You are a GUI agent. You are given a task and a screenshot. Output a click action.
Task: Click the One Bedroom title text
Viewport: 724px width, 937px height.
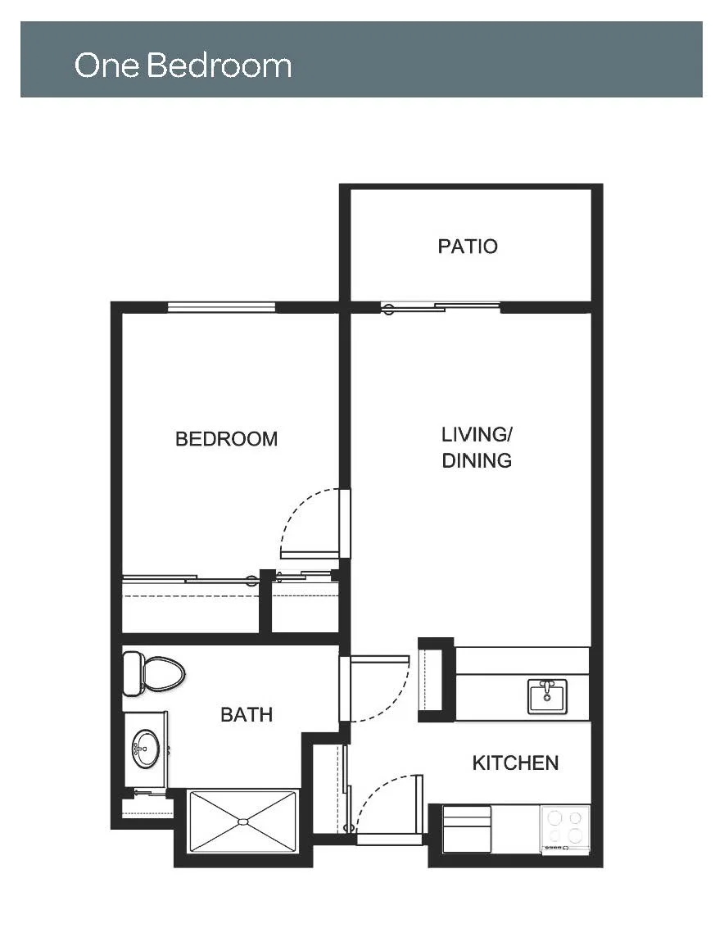click(183, 65)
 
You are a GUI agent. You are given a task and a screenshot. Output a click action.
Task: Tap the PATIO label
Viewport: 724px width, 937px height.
click(467, 247)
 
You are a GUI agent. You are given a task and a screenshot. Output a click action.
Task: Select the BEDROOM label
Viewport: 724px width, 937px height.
click(226, 439)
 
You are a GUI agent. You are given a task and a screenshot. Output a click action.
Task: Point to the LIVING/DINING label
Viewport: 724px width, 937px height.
click(477, 447)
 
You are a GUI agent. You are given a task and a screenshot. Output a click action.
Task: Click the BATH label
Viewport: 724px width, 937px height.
click(247, 715)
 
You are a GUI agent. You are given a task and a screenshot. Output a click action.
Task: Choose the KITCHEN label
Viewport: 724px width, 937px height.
click(515, 763)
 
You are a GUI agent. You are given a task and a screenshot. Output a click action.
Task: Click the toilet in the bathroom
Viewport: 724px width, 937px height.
click(153, 673)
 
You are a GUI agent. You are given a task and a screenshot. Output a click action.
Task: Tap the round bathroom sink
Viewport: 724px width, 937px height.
click(147, 749)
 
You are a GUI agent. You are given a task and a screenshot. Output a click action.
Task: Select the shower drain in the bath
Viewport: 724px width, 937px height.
click(242, 822)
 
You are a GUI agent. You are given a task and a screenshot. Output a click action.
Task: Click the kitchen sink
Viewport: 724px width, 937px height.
click(546, 696)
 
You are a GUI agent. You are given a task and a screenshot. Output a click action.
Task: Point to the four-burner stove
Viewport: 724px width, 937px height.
click(565, 829)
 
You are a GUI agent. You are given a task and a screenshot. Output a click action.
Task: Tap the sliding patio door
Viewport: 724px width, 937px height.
click(441, 308)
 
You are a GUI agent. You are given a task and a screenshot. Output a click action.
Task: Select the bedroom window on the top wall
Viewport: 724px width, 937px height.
click(222, 307)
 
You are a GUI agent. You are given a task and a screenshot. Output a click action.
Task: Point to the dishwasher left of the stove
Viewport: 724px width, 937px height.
click(467, 830)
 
